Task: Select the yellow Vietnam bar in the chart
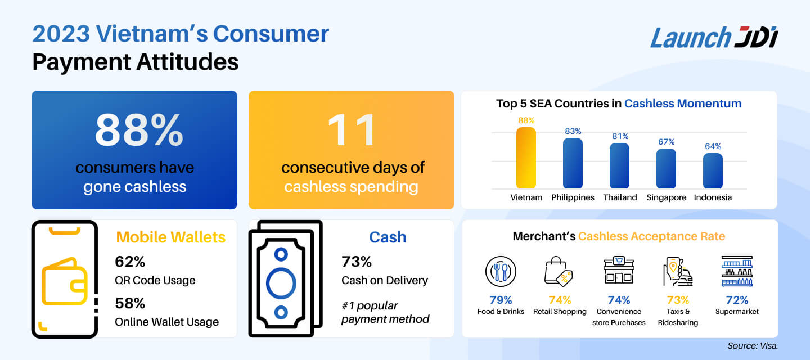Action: point(526,158)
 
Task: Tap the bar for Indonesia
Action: point(713,171)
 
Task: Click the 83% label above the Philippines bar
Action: point(573,131)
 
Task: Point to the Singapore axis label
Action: point(667,197)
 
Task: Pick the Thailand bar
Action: point(619,166)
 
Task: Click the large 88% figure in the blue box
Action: point(139,130)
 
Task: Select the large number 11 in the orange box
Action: point(352,130)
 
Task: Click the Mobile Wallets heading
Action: point(170,237)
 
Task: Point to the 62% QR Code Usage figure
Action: point(130,262)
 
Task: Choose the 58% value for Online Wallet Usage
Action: point(130,303)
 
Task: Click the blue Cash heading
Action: point(388,237)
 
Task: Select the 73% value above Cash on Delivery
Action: point(357,262)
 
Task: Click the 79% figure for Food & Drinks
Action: point(501,300)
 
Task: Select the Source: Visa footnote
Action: point(751,346)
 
